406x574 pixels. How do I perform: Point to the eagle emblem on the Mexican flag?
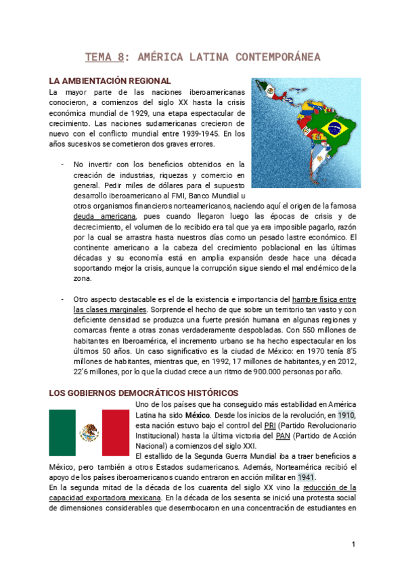click(x=89, y=433)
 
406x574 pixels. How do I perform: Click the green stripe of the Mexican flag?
click(x=62, y=433)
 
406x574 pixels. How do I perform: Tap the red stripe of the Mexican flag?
click(x=115, y=433)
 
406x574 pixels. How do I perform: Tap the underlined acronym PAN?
click(x=276, y=435)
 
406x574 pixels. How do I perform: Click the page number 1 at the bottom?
click(x=353, y=544)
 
